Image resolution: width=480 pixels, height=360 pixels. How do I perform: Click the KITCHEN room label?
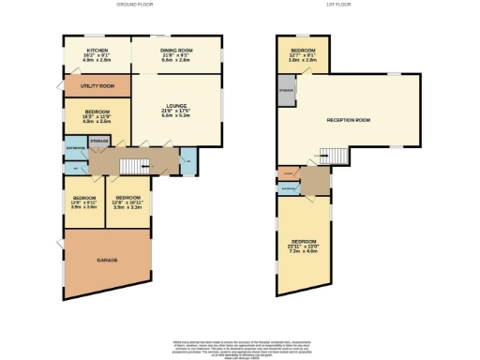point(96,51)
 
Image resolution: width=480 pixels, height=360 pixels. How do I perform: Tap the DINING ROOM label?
point(176,51)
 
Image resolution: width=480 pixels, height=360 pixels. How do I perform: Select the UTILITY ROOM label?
point(97,86)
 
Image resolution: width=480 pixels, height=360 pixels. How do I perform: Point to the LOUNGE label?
point(176,106)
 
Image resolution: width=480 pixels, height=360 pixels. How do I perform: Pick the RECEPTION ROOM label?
point(348,120)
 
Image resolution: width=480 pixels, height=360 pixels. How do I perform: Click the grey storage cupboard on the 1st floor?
point(286,92)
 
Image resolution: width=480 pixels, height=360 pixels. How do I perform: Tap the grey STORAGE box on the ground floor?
point(98,142)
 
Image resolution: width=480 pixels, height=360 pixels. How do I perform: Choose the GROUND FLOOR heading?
point(134,5)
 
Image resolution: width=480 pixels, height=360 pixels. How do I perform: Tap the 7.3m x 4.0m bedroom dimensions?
point(303,251)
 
